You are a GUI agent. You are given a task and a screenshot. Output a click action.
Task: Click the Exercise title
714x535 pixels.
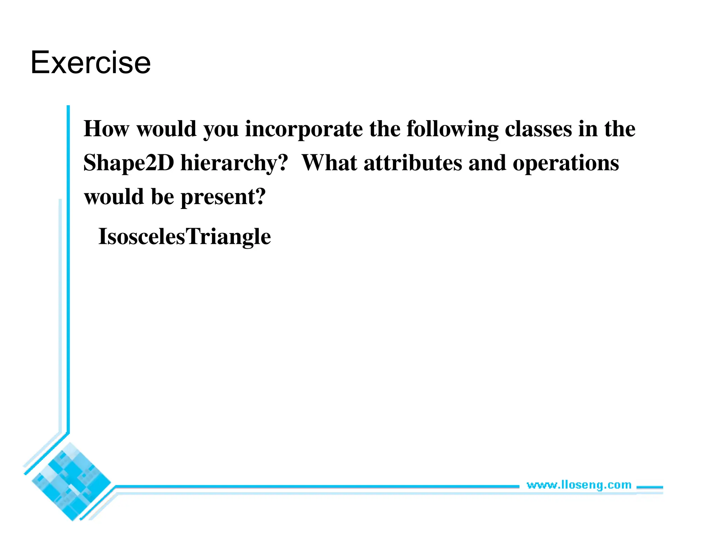click(x=91, y=63)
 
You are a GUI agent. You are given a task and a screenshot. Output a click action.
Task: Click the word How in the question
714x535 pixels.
click(x=106, y=129)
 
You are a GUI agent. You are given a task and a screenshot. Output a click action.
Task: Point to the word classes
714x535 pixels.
click(x=538, y=129)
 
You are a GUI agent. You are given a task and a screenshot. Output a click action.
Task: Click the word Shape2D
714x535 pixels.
click(x=129, y=163)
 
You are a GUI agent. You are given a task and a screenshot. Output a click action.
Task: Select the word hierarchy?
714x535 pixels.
click(x=234, y=163)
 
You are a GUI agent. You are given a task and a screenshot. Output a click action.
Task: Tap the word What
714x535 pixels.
click(x=329, y=163)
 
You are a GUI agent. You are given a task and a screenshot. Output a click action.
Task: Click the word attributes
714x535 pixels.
click(x=412, y=163)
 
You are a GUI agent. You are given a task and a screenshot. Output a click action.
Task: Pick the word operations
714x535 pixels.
click(x=565, y=163)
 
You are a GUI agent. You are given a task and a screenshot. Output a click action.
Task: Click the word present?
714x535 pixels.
click(x=223, y=197)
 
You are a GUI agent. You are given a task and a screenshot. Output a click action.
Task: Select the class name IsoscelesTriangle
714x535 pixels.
click(x=184, y=237)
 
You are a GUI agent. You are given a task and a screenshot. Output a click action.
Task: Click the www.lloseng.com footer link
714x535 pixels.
click(x=579, y=485)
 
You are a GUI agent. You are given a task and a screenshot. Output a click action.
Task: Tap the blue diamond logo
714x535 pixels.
click(x=71, y=482)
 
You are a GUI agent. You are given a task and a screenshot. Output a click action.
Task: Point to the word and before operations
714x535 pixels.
click(x=487, y=163)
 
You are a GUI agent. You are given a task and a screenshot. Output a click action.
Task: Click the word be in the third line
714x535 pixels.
click(x=162, y=197)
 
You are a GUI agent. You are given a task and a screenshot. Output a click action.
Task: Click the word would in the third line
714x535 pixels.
click(x=114, y=197)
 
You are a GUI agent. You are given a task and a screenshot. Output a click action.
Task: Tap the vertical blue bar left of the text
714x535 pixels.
click(x=68, y=268)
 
